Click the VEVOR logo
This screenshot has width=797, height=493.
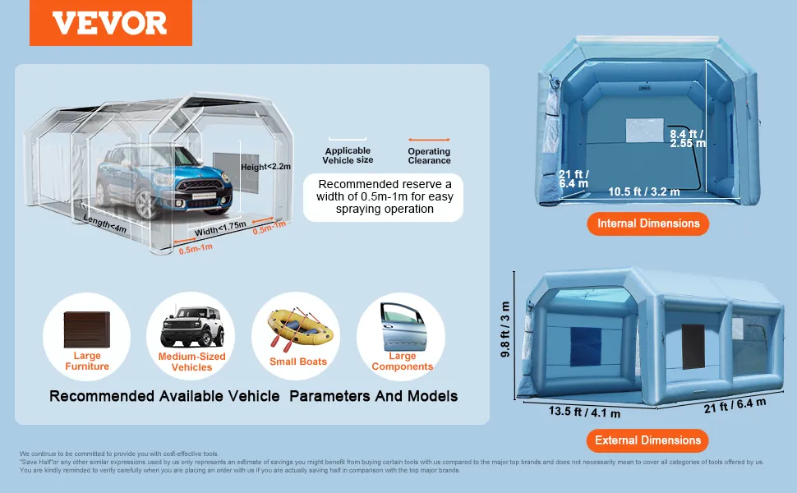(110, 23)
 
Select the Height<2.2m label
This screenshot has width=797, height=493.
(266, 167)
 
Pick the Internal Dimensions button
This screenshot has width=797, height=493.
(648, 223)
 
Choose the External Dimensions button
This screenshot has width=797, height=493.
(648, 440)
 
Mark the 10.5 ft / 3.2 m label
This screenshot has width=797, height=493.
(643, 192)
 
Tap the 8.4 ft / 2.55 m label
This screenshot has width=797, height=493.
(688, 138)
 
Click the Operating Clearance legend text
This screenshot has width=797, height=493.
(429, 156)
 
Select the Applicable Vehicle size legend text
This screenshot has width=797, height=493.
(348, 155)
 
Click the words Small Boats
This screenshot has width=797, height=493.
(297, 362)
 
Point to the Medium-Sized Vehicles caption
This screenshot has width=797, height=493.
(191, 362)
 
